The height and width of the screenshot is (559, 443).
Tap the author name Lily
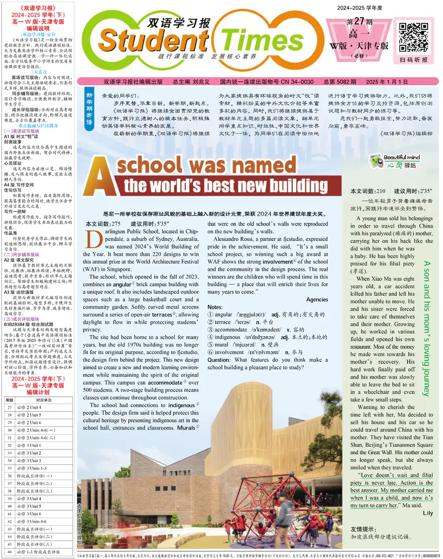[x=427, y=513]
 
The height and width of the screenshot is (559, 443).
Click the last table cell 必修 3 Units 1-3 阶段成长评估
[x=37, y=545]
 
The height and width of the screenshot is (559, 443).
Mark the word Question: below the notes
[x=220, y=360]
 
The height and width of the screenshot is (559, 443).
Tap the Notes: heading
[x=215, y=307]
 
